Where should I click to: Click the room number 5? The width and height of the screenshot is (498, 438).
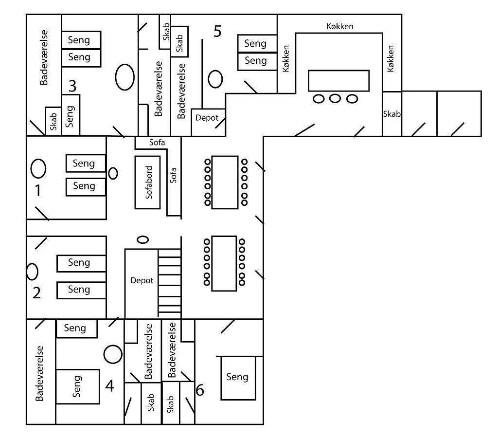217,32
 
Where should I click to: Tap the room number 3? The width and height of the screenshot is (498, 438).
72,86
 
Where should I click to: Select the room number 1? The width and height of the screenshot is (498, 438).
38,190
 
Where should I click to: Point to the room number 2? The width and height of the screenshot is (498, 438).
36,293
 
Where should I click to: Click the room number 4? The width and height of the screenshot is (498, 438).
109,386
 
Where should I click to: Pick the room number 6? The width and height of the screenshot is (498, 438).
200,390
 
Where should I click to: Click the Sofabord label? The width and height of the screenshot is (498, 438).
149,182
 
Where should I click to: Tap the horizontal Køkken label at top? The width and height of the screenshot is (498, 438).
340,26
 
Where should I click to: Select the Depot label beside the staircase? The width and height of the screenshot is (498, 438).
142,281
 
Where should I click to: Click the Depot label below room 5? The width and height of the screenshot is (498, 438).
207,118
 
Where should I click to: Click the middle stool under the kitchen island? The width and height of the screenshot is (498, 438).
335,98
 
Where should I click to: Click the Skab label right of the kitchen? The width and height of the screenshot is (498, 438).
392,114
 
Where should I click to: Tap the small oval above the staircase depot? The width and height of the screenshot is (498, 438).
143,239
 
